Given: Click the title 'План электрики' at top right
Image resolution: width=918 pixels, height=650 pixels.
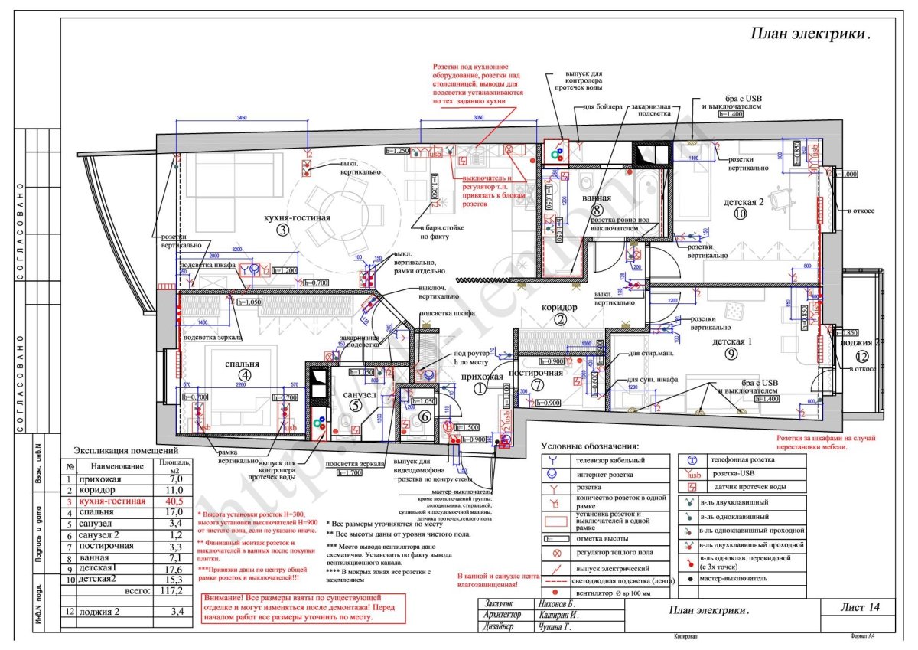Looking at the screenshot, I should [809, 34].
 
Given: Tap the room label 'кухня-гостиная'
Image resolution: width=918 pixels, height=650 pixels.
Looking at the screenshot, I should [298, 218].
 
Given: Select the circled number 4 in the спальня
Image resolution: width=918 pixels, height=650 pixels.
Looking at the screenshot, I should [244, 375].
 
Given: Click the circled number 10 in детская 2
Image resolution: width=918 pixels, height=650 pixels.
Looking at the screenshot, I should [739, 214].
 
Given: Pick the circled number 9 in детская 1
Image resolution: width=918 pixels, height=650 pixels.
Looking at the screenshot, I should [731, 354].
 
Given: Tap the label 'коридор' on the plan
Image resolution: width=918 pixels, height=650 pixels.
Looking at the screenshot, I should [560, 308].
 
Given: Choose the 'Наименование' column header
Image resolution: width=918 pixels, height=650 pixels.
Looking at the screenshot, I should [116, 466].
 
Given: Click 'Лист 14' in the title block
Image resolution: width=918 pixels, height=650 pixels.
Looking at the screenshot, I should [860, 607].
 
